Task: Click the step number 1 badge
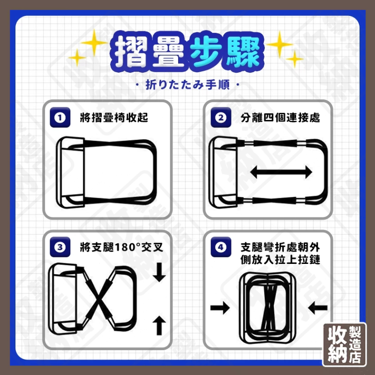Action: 60,117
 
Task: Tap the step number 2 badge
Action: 221,117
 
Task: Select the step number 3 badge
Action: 60,247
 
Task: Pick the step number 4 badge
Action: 221,247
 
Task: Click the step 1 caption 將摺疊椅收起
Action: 114,118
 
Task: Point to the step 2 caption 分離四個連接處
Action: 280,118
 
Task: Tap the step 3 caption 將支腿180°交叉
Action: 121,247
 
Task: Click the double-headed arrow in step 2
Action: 281,172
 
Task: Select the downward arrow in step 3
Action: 159,272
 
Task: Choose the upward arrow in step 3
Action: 159,325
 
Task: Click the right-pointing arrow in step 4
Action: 220,307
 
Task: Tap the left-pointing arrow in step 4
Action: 318,307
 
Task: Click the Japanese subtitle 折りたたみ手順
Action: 187,85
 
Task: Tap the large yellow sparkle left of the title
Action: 94,43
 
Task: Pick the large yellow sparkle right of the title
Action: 279,45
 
